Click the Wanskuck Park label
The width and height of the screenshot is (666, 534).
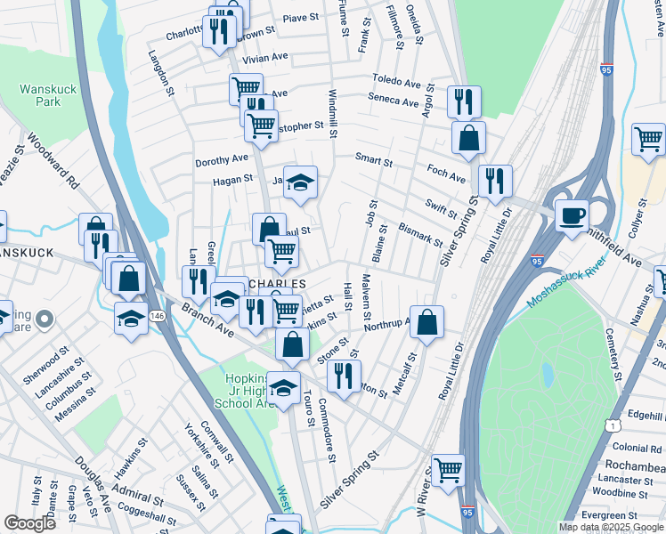(42, 95)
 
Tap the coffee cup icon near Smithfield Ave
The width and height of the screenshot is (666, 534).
(571, 214)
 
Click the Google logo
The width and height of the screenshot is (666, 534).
(29, 523)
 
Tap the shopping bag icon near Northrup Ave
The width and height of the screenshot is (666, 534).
(427, 324)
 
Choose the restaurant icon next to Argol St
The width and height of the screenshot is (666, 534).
(464, 101)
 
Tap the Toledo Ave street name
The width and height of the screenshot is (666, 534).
(396, 81)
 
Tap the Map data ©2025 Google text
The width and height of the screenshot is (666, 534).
(610, 527)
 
